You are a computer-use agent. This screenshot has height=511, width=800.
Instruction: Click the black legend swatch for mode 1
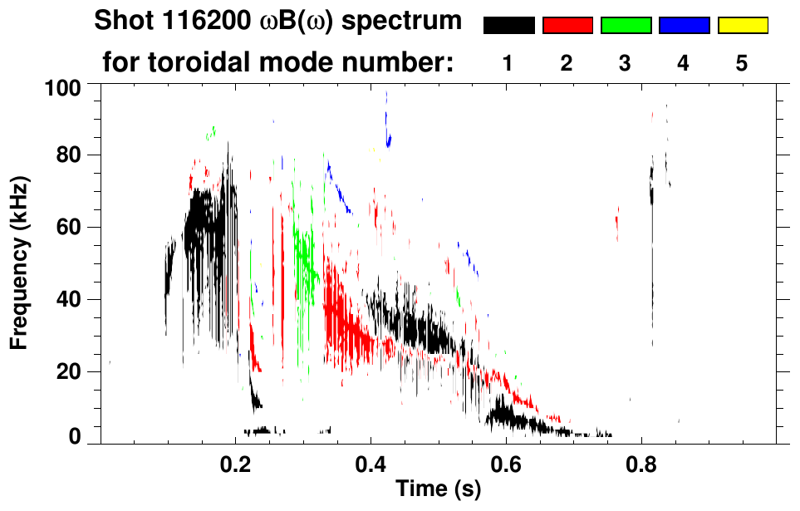tap(508, 26)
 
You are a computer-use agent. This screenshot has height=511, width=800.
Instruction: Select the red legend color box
tap(567, 26)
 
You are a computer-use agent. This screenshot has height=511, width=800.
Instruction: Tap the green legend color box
tap(626, 26)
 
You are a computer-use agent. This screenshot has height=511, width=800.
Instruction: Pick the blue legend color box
tap(684, 26)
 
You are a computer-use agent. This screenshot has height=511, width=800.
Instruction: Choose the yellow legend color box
tap(742, 26)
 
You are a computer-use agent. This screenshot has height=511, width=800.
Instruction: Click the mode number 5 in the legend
tap(742, 63)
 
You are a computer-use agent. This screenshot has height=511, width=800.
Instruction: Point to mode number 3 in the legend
tap(626, 63)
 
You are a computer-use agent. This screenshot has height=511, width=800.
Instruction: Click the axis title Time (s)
tap(438, 489)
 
